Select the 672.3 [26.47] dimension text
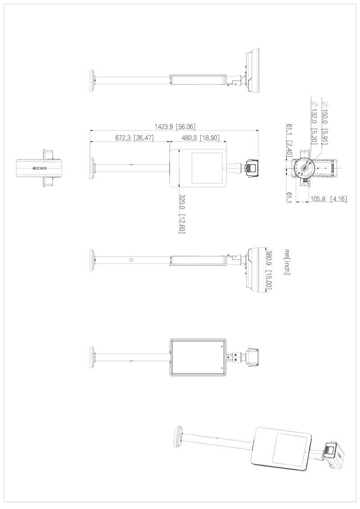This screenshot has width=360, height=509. click(x=135, y=138)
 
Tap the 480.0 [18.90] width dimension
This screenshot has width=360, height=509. click(x=200, y=138)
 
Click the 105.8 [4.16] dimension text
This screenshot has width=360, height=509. click(x=328, y=199)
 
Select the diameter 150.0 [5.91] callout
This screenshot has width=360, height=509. click(x=324, y=123)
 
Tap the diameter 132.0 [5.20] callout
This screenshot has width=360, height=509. click(x=314, y=123)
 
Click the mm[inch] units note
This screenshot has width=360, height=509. click(x=287, y=262)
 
